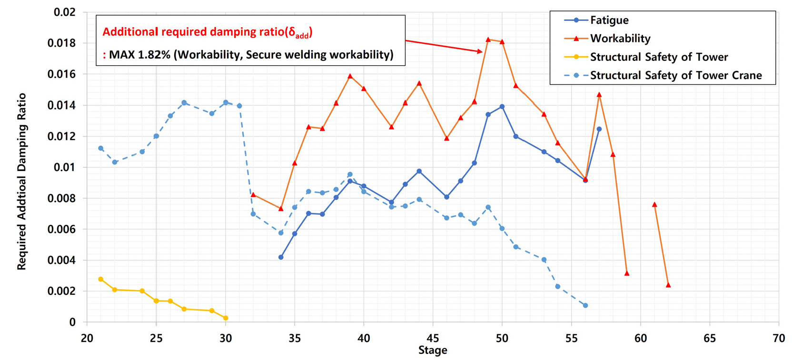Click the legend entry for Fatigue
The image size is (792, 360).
pos(609,20)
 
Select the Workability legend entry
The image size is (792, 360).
pos(620,39)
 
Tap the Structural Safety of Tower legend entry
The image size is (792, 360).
pos(659,57)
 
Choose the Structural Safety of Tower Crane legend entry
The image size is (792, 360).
pos(675,75)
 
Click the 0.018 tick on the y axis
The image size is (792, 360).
pos(61,43)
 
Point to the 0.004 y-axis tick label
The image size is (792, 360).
pos(61,260)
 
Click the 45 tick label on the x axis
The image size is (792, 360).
pos(433,339)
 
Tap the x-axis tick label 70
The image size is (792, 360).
pos(779,339)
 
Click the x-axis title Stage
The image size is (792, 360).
pos(433,351)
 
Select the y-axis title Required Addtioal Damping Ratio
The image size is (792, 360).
pos(22,181)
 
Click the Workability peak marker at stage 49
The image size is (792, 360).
pos(488,40)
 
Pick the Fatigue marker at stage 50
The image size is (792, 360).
pos(502,107)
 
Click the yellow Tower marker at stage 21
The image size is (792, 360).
pos(101,280)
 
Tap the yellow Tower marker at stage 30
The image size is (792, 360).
pos(226,318)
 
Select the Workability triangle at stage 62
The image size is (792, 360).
pos(668,285)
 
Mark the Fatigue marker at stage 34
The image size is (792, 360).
pos(281,257)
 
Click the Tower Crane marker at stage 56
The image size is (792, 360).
pos(585,305)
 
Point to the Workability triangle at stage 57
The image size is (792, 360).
pos(599,95)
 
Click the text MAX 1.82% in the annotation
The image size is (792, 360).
pos(139,55)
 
